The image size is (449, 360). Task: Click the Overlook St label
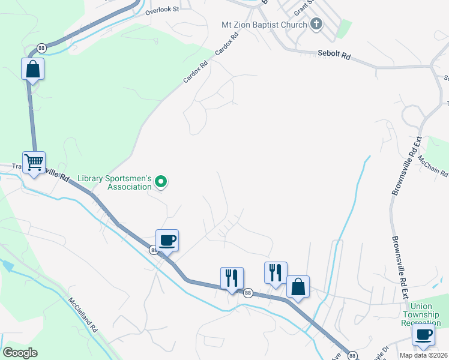[x=158, y=10]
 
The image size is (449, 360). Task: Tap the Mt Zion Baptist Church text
[x=264, y=25]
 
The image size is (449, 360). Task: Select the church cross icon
[x=316, y=25]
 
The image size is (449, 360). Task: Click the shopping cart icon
[x=34, y=161]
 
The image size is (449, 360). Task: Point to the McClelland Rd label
[x=82, y=314]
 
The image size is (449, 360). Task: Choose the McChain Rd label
[x=432, y=165]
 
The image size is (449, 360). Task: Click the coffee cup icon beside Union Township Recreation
[x=424, y=334]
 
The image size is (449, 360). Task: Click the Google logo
[x=20, y=352]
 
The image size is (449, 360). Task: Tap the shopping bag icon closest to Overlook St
[x=33, y=68]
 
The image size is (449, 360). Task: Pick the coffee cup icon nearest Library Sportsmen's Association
[x=167, y=240]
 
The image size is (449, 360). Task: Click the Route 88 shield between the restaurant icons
[x=247, y=292]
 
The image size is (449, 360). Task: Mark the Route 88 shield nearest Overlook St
[x=41, y=48]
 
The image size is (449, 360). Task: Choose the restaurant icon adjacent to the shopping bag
[x=276, y=272]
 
